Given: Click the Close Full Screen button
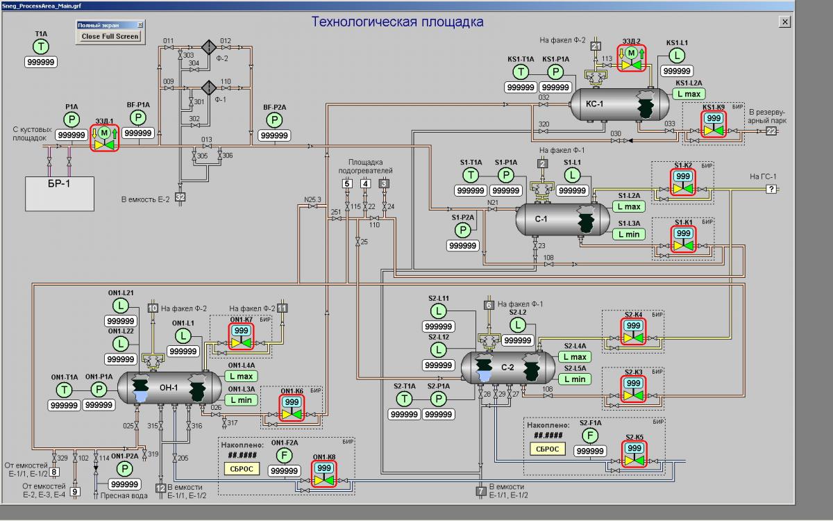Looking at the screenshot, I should (x=110, y=36).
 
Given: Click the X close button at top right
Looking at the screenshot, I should (x=784, y=22).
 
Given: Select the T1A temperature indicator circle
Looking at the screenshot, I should (x=42, y=47).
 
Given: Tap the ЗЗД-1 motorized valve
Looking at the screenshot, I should (x=105, y=138).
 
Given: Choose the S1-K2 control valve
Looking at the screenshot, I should (x=683, y=182).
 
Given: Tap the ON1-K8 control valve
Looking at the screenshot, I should (x=323, y=474).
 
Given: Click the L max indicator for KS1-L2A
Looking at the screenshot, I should (x=689, y=94).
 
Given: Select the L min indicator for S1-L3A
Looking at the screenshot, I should (x=629, y=234).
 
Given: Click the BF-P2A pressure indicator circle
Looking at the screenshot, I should (x=275, y=120).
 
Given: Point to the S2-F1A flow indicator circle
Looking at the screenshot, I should (x=590, y=436).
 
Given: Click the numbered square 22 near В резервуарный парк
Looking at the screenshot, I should (x=771, y=131).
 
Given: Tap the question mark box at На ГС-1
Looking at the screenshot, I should (x=770, y=189).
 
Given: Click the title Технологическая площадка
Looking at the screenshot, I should (x=397, y=22).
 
